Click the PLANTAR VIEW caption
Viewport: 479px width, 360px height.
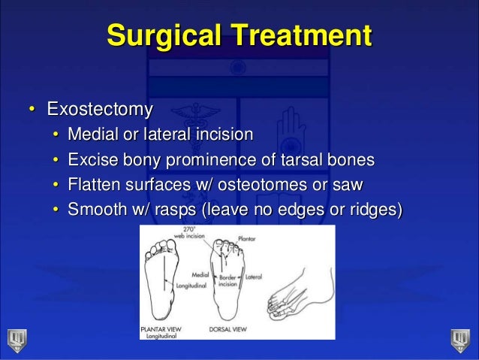pos(161,328)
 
